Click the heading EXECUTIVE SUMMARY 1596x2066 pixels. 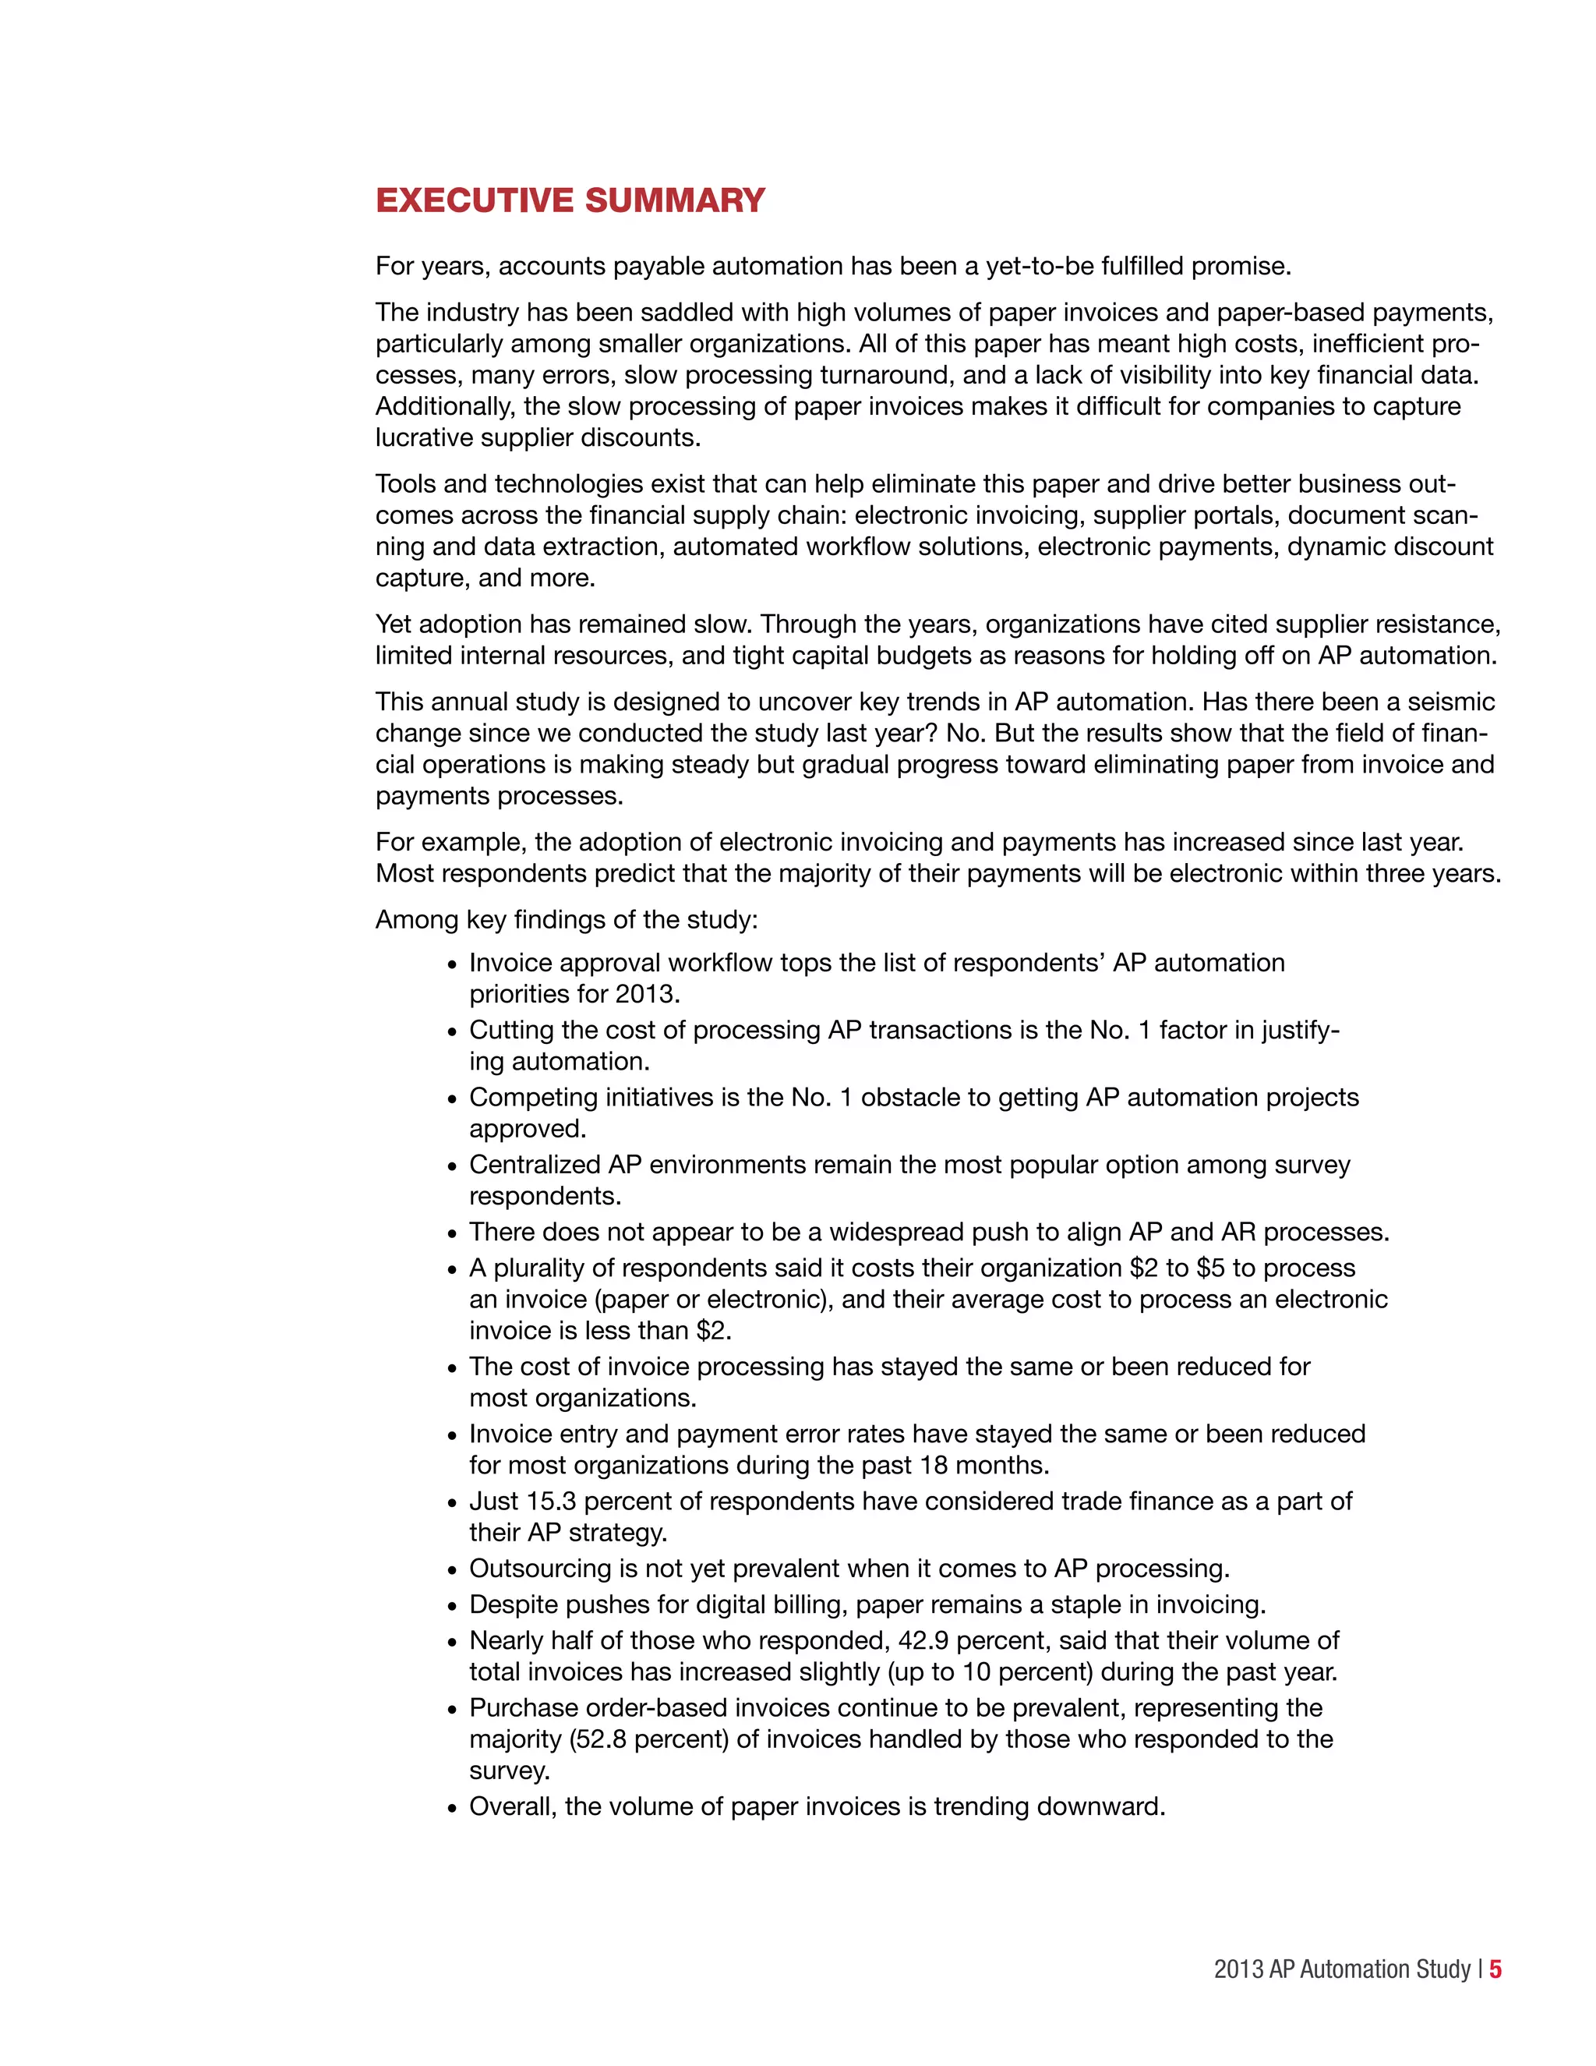pyautogui.click(x=570, y=200)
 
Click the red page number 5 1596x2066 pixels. pyautogui.click(x=1495, y=1969)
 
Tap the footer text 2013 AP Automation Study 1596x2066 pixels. pyautogui.click(x=1342, y=1969)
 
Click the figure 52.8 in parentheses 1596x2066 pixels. pyautogui.click(x=600, y=1739)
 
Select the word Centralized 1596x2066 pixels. pyautogui.click(x=534, y=1165)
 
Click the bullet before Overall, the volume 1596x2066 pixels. pyautogui.click(x=452, y=1809)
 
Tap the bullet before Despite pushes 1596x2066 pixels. pyautogui.click(x=452, y=1606)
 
